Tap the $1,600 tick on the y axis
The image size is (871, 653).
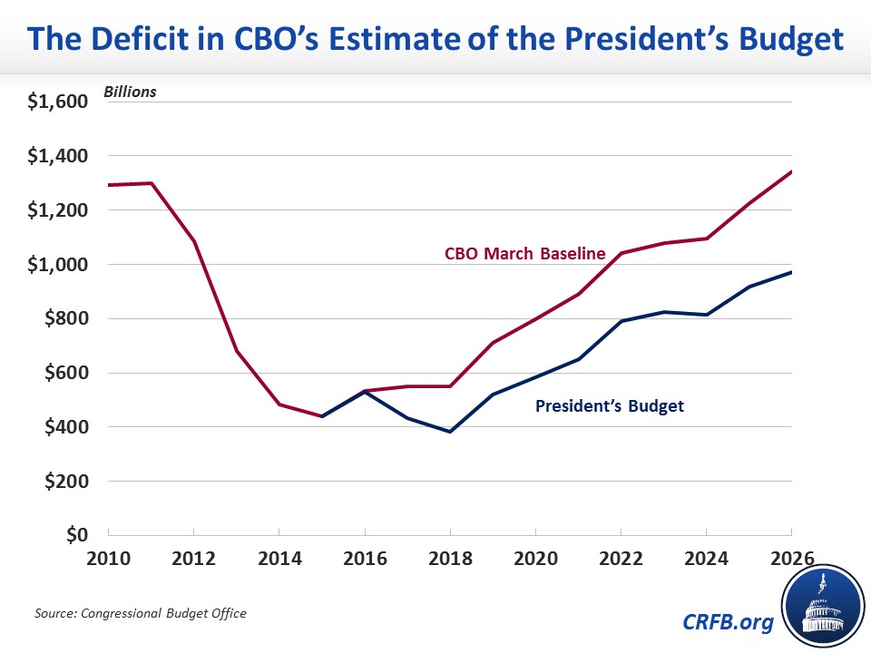(57, 102)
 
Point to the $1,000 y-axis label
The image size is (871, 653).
(57, 265)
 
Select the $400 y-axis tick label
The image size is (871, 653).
(64, 427)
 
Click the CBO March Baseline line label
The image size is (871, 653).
(524, 254)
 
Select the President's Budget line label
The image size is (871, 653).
(610, 406)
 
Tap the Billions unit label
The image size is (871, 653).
(130, 92)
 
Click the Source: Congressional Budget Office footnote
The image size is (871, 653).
(140, 614)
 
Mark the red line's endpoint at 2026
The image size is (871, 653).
(792, 171)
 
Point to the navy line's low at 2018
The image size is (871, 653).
(450, 432)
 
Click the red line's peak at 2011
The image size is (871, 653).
(151, 183)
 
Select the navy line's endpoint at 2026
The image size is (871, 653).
(792, 272)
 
